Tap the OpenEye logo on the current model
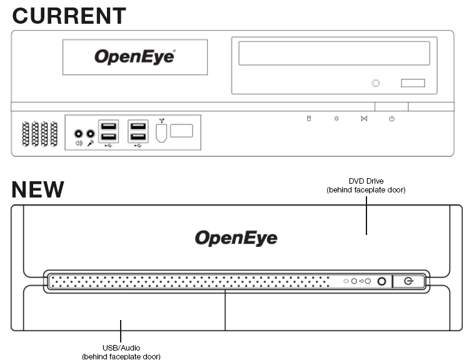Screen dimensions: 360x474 134,57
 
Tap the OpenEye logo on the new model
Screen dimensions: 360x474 236,238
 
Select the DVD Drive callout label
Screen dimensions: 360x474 366,186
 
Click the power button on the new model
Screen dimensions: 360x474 409,281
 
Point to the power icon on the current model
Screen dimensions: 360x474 391,119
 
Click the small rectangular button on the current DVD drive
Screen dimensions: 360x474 413,82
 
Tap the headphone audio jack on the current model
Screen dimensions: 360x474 79,133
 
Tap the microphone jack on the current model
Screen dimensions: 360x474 91,133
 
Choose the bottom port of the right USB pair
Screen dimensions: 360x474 138,136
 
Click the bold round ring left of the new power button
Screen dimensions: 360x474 381,281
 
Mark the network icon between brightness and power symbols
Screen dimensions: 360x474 364,119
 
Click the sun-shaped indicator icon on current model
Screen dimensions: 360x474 336,119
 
